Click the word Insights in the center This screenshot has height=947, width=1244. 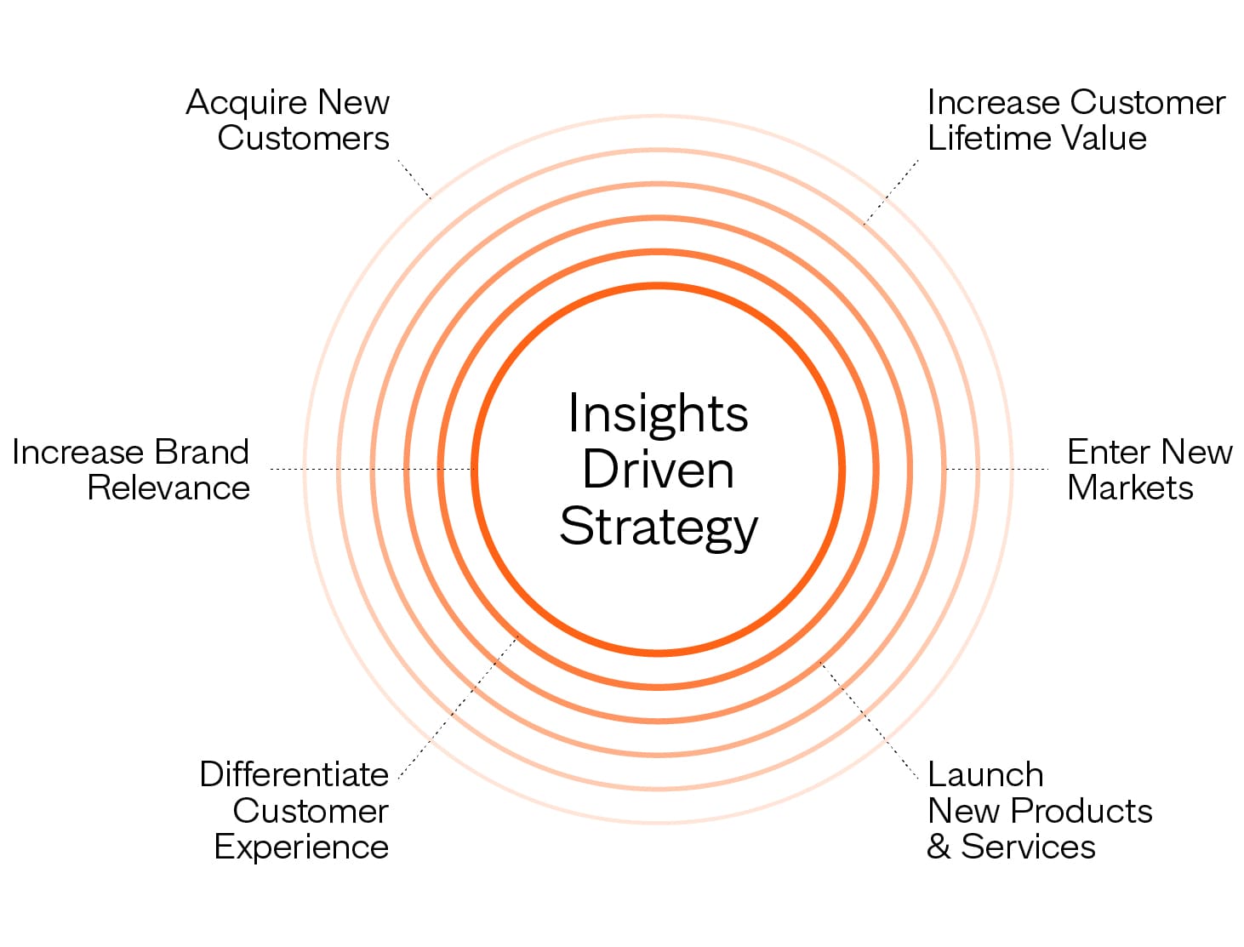pyautogui.click(x=658, y=414)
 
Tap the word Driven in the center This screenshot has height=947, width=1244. pyautogui.click(x=658, y=470)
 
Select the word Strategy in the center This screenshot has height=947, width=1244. pyautogui.click(x=658, y=527)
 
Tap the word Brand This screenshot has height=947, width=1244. pyautogui.click(x=202, y=452)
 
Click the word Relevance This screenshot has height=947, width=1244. pyautogui.click(x=168, y=488)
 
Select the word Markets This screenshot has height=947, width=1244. pyautogui.click(x=1130, y=488)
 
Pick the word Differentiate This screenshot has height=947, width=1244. pyautogui.click(x=294, y=775)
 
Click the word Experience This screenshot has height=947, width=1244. pyautogui.click(x=301, y=847)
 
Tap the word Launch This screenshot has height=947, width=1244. pyautogui.click(x=985, y=775)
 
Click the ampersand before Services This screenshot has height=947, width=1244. pyautogui.click(x=939, y=847)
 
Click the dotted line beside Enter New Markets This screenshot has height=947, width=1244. pyautogui.click(x=996, y=469)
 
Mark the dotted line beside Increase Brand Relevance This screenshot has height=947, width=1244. pyautogui.click(x=370, y=469)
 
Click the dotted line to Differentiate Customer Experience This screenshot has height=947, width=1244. pyautogui.click(x=459, y=706)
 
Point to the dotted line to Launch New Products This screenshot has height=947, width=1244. pyautogui.click(x=868, y=719)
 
